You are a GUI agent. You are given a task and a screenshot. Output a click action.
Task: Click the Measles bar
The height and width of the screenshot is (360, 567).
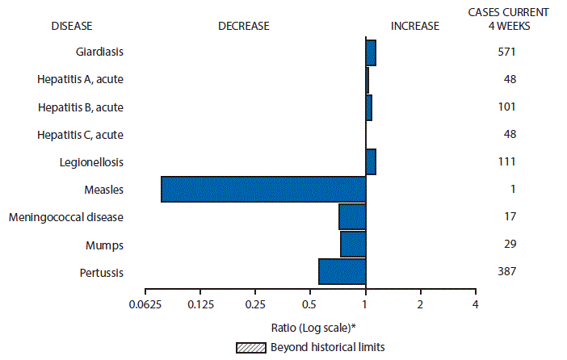coord(263,189)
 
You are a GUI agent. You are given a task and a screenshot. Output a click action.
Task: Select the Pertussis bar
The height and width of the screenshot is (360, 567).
coord(342,272)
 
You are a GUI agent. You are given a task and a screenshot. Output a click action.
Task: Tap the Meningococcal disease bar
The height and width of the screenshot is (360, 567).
coord(352,216)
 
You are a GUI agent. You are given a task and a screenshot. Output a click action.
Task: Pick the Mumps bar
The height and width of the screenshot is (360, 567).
coord(353,244)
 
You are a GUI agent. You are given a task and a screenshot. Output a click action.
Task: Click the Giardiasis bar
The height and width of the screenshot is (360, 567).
coord(371,52)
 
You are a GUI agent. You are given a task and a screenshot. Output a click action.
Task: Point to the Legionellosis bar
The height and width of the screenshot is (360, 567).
coord(371,161)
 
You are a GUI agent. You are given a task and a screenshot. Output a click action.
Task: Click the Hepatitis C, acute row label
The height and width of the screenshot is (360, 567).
coord(84,134)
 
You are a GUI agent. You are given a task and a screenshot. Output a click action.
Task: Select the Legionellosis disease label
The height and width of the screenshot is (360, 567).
coord(91,161)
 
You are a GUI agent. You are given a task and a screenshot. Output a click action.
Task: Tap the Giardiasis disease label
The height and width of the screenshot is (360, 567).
coord(101,52)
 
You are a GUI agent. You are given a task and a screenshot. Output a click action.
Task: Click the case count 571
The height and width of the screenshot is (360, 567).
coord(506,52)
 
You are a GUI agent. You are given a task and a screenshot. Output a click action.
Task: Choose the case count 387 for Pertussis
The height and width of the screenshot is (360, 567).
coord(506,272)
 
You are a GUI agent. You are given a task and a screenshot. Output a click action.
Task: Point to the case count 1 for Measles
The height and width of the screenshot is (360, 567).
coord(512,189)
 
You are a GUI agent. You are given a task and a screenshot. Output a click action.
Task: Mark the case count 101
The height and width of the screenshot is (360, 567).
coord(506,107)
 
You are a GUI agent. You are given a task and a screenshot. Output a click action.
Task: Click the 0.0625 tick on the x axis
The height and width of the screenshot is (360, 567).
coord(145,304)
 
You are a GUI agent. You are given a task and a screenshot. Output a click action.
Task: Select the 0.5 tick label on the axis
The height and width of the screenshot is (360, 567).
coord(310,304)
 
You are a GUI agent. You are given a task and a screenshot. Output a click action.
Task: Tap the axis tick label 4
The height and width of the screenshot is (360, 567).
coord(475,304)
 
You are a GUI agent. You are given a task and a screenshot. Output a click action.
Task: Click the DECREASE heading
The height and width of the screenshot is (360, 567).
coord(243,26)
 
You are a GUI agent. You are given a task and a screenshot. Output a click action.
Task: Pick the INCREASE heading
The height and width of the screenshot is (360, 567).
coord(414,26)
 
